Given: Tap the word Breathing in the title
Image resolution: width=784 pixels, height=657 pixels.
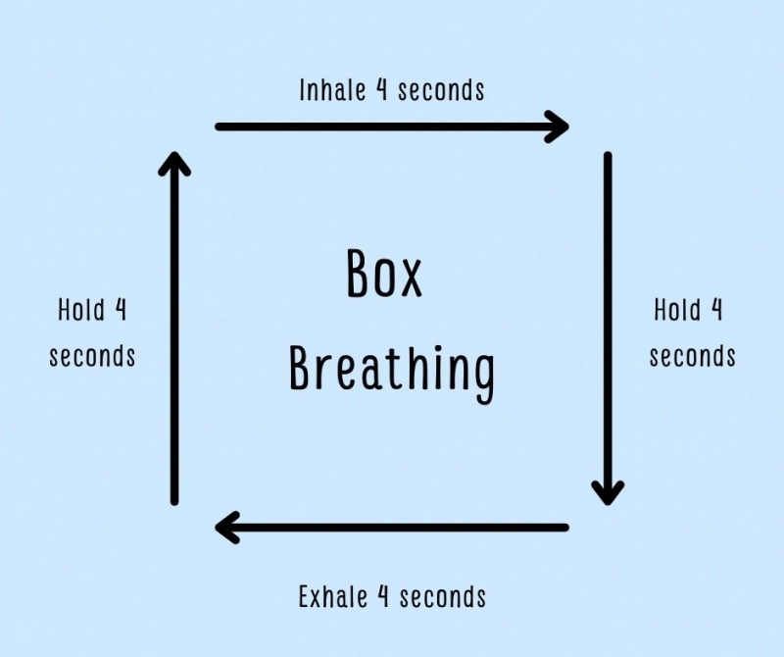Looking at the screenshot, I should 392,370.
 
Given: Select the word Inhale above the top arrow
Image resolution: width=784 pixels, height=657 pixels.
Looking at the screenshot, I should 333,90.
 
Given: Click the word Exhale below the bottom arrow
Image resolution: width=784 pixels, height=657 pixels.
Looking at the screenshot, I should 334,595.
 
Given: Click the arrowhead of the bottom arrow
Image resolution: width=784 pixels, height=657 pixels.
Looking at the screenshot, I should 226,528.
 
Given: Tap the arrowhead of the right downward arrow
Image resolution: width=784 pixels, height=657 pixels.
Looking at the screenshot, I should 608,491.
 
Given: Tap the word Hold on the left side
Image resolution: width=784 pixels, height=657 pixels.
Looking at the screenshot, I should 80,311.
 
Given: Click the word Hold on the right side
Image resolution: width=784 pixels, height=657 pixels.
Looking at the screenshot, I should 677,311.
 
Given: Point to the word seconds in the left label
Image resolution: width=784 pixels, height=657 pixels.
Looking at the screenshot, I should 92,355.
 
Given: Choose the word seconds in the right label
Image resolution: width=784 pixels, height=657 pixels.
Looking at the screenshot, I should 692,355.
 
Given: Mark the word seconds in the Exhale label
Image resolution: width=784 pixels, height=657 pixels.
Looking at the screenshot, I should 443,595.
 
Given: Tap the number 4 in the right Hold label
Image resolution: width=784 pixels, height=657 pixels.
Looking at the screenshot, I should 716,311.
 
